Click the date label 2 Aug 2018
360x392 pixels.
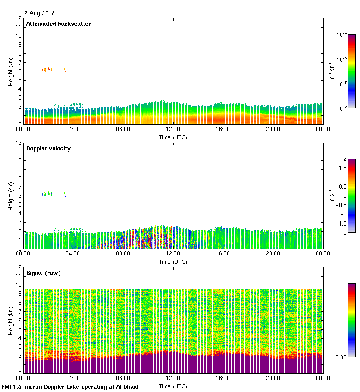coord(40,13)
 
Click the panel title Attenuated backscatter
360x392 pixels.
coord(58,24)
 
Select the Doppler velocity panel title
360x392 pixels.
coord(48,148)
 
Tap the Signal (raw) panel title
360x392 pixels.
coord(43,273)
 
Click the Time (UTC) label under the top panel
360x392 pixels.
coord(173,137)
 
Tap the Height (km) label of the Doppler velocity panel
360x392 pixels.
coord(10,196)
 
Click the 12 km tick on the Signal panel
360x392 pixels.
coord(18,267)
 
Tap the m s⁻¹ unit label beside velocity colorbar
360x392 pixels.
coord(331,196)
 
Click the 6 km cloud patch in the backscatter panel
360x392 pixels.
coord(47,70)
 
